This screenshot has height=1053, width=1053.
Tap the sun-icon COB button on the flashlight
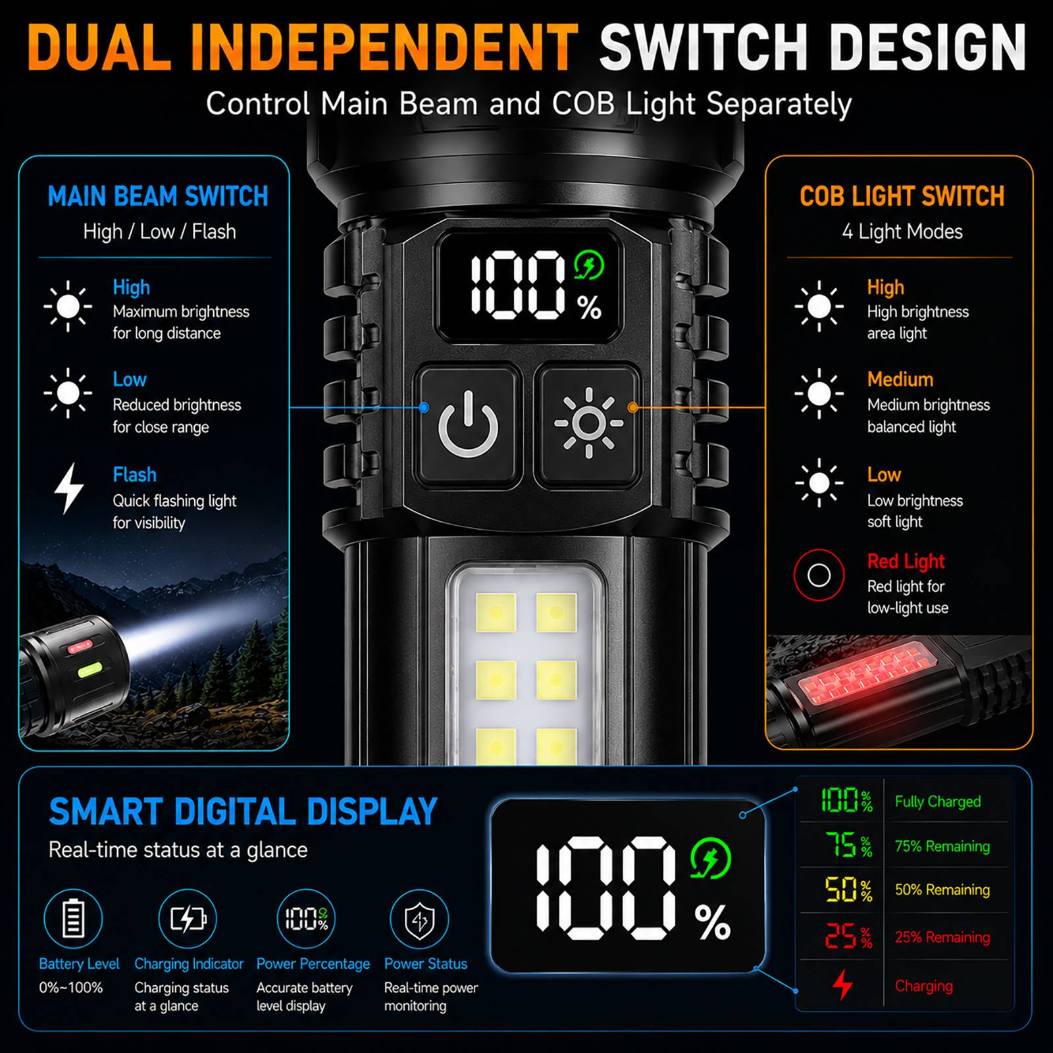tap(588, 424)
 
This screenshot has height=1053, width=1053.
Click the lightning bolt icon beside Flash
tap(68, 488)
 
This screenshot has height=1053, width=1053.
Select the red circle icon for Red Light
tap(819, 575)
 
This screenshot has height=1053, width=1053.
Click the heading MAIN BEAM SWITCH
tap(158, 196)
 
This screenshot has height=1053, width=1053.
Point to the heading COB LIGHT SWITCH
tap(902, 196)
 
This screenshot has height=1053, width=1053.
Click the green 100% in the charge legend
tap(846, 801)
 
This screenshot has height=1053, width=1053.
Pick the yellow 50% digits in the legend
tap(848, 890)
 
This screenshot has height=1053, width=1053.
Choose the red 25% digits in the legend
tap(848, 936)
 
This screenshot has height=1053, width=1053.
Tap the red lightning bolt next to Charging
tap(842, 985)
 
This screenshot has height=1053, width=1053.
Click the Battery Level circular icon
tap(73, 919)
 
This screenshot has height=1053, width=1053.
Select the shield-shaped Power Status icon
tap(419, 919)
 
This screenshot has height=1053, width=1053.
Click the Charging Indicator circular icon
tap(188, 919)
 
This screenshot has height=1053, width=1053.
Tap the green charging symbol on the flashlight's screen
tap(588, 267)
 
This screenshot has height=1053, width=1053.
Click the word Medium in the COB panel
tap(900, 380)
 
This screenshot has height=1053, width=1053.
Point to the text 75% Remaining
tap(942, 846)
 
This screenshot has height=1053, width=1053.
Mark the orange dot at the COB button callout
tap(632, 408)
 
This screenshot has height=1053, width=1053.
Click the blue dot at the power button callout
tap(424, 408)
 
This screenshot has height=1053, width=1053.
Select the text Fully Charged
tap(937, 802)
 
